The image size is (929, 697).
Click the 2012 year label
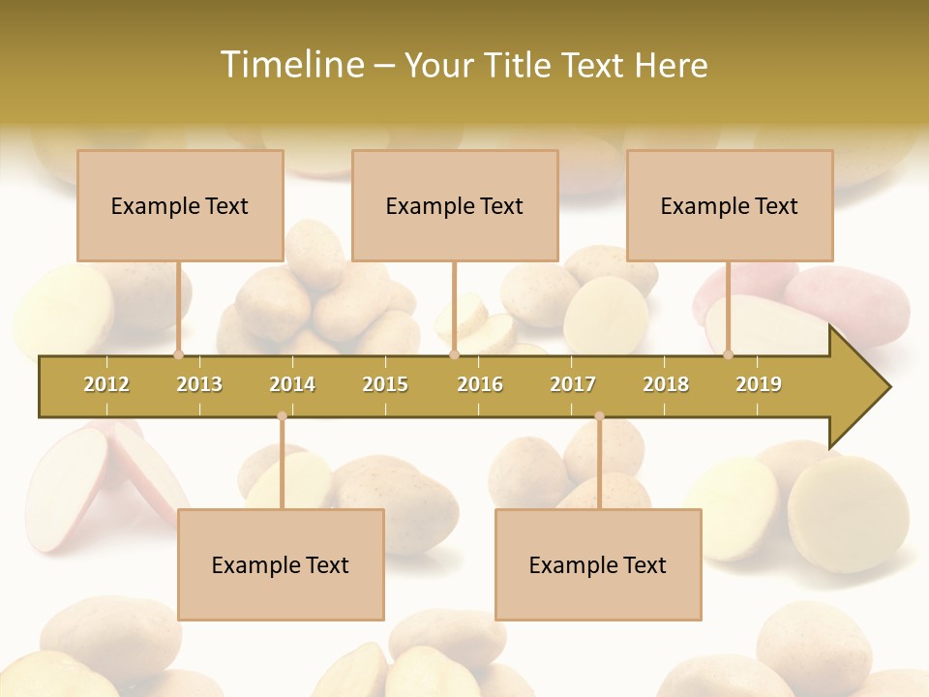[x=106, y=384]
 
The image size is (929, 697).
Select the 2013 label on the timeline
[x=199, y=384]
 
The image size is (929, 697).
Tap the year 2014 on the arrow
[x=292, y=384]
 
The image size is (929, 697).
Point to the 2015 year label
[x=385, y=384]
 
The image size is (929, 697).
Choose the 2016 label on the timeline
[x=480, y=384]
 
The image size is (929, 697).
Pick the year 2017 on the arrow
[x=573, y=384]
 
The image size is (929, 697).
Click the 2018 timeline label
[x=666, y=384]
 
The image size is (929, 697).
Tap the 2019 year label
[x=759, y=384]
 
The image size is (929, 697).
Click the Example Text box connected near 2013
[x=180, y=205]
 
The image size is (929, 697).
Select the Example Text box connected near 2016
[x=455, y=205]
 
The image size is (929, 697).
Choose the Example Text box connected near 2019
[x=730, y=205]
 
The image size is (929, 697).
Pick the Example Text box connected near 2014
[x=281, y=564]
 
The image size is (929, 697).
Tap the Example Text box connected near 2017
[x=598, y=564]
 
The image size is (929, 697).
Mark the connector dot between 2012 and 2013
[x=178, y=354]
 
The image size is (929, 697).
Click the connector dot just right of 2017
[x=599, y=416]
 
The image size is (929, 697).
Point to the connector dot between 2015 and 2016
[x=454, y=354]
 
